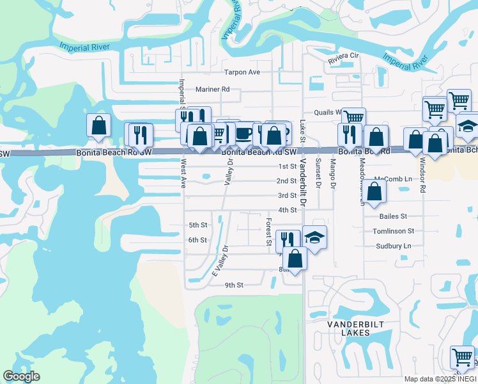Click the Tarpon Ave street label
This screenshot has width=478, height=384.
[x=242, y=72]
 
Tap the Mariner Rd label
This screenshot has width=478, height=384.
[x=213, y=90]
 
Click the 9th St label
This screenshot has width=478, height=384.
[x=235, y=285]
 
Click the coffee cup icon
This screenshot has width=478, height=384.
[x=243, y=132]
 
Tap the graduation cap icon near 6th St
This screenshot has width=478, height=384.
[x=314, y=237]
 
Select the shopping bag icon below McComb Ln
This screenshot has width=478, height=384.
[x=376, y=191]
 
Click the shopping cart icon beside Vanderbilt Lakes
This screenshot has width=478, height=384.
[x=463, y=356]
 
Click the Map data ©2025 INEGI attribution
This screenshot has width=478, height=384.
[x=440, y=379]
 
